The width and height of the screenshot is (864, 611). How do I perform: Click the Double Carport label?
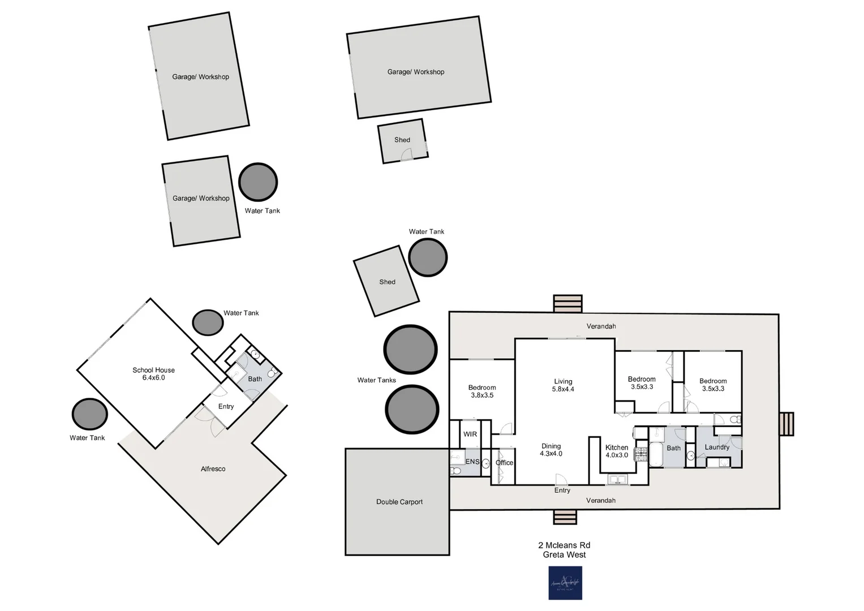[399, 502]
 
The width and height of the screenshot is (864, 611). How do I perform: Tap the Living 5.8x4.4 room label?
[563, 385]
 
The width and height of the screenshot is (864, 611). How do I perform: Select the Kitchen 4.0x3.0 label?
[617, 451]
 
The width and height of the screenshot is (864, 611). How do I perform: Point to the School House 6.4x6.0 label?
[153, 374]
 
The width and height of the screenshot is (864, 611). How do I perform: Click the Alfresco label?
[213, 469]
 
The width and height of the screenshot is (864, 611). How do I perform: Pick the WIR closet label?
[470, 434]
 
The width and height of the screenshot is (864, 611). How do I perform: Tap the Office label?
[504, 463]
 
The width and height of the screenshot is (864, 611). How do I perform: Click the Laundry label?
[717, 447]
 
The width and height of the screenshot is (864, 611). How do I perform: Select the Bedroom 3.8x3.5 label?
[482, 391]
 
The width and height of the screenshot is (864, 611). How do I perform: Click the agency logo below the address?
[565, 583]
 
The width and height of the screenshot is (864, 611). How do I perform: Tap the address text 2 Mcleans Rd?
[564, 545]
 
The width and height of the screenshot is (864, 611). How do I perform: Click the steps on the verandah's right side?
[786, 424]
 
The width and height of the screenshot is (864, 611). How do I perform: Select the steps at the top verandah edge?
[568, 303]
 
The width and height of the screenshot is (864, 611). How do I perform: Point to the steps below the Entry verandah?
[565, 517]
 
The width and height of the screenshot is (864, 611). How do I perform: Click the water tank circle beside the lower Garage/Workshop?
[258, 182]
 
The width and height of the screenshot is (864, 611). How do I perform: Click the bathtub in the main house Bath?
[656, 454]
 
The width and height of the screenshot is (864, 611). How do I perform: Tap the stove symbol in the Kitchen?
[641, 454]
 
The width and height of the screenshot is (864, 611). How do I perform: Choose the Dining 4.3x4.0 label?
[551, 450]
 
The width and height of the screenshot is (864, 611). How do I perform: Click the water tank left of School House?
[89, 414]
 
